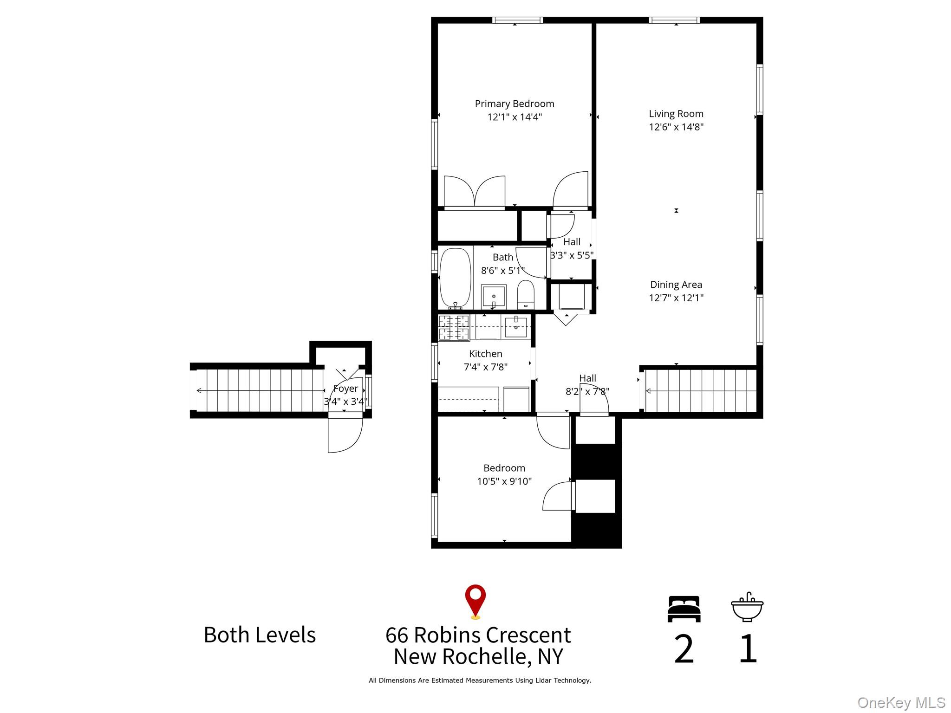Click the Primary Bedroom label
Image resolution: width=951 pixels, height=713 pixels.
click(514, 104)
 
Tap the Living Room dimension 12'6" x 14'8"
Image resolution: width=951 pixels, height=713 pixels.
click(676, 127)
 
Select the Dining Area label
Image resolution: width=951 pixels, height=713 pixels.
click(676, 285)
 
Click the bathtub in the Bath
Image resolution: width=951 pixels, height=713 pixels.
click(455, 278)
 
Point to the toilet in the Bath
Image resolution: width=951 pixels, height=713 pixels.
click(526, 295)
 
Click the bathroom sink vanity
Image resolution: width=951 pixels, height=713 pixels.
click(493, 296)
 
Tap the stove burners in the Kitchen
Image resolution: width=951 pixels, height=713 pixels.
click(454, 327)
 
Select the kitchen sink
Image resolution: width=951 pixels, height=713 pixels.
click(516, 327)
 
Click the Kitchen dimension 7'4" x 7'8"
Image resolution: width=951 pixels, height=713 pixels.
click(485, 367)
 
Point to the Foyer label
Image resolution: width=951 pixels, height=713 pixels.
click(345, 389)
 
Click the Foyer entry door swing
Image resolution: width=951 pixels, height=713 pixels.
click(345, 435)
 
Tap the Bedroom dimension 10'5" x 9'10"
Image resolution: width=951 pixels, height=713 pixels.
click(504, 481)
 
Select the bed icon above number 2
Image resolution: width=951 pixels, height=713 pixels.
click(684, 609)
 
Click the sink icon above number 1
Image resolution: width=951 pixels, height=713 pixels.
click(747, 608)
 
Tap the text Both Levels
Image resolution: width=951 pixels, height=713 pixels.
click(260, 635)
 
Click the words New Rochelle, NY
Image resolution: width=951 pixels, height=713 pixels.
click(478, 656)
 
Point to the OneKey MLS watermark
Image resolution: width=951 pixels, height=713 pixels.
click(901, 703)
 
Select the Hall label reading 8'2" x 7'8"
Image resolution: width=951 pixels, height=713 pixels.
click(587, 391)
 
